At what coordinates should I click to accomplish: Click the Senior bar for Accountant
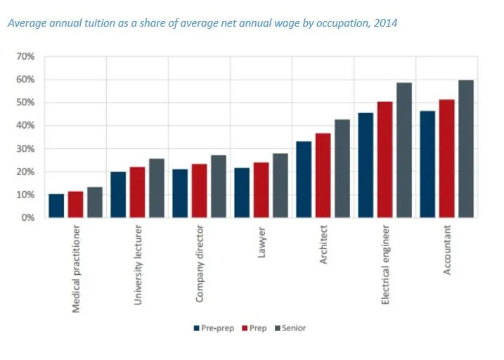[x=466, y=149]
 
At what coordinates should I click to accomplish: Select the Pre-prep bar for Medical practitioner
[x=56, y=206]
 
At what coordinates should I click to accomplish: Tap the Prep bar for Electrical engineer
[x=385, y=160]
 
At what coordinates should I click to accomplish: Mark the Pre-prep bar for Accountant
[x=427, y=165]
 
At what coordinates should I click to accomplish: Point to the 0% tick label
[x=27, y=218]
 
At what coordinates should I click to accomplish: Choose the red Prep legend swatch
[x=243, y=328]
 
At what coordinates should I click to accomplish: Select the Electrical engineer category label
[x=385, y=264]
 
